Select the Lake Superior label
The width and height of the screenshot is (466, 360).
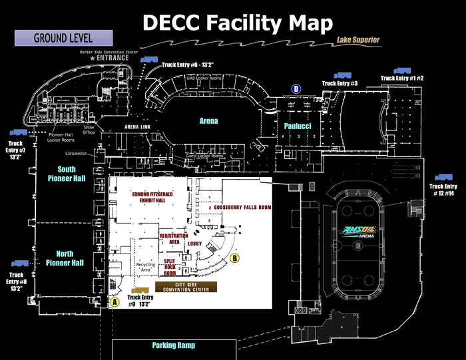click(x=358, y=41)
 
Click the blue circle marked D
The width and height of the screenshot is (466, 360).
click(x=297, y=89)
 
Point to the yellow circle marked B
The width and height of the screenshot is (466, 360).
click(x=234, y=258)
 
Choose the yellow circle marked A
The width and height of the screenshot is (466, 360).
click(x=115, y=301)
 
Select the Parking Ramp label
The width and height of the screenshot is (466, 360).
click(x=173, y=345)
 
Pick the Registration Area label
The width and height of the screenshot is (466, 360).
click(x=173, y=240)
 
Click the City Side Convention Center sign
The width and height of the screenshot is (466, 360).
click(x=187, y=287)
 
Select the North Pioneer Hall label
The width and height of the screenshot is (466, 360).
click(x=65, y=259)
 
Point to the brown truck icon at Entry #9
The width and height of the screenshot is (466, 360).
click(x=140, y=291)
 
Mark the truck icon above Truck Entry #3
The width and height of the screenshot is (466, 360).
click(x=342, y=76)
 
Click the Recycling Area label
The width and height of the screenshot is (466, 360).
click(x=145, y=268)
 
